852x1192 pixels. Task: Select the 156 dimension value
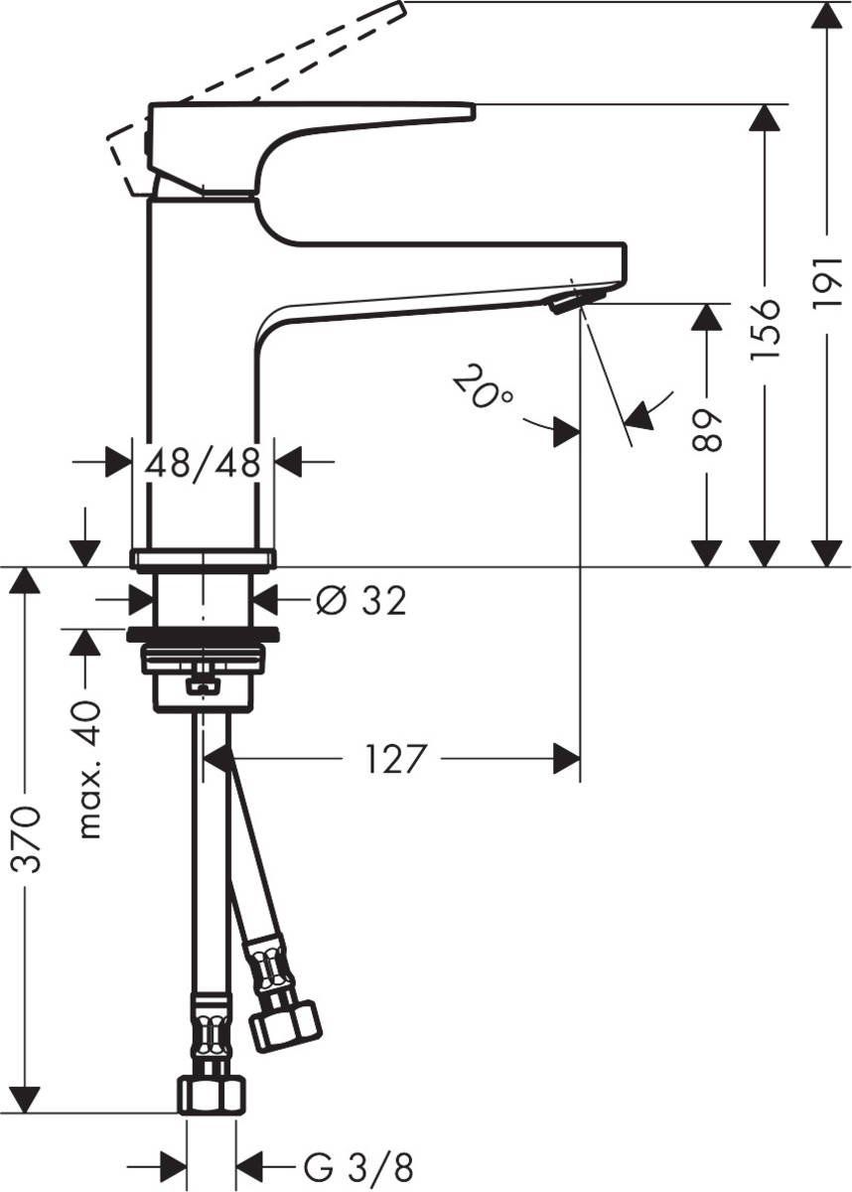pos(766,327)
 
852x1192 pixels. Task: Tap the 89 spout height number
pos(706,428)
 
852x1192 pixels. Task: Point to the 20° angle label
pos(483,388)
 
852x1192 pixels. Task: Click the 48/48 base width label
pos(203,462)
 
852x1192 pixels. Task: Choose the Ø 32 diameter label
pos(360,600)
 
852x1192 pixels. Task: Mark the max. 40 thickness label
pos(90,769)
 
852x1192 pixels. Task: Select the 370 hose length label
pos(28,839)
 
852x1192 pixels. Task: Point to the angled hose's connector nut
pos(285,1024)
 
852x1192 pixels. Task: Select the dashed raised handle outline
pos(258,70)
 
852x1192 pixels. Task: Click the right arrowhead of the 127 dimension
pos(567,760)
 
